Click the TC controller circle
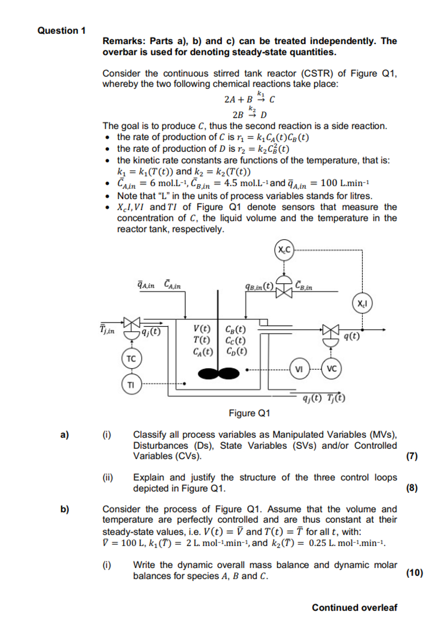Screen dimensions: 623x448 pyautogui.click(x=131, y=358)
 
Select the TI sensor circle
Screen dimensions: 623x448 pyautogui.click(x=131, y=384)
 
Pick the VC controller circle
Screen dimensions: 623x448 pyautogui.click(x=332, y=369)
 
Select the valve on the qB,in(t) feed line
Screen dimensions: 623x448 pyautogui.click(x=284, y=292)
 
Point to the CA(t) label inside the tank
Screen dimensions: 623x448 pyautogui.click(x=202, y=351)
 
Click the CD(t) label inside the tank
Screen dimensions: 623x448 pyautogui.click(x=236, y=351)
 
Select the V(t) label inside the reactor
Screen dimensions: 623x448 pyautogui.click(x=202, y=329)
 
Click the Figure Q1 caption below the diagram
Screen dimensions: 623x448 pyautogui.click(x=250, y=413)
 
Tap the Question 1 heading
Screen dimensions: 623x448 pyautogui.click(x=61, y=31)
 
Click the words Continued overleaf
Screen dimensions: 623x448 pyautogui.click(x=354, y=607)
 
